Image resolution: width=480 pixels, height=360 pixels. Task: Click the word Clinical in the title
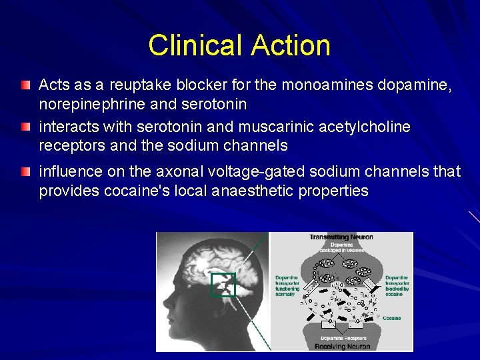coord(197,45)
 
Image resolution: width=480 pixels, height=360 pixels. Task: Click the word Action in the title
coord(291,45)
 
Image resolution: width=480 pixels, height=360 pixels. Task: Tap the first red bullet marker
coord(25,85)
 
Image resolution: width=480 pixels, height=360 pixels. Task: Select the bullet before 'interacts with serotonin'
coord(25,127)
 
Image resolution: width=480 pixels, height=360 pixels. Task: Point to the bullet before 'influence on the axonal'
coord(25,172)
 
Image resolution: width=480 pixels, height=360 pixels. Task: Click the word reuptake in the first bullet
coord(140,85)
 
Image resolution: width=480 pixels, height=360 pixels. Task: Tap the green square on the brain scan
coord(223,285)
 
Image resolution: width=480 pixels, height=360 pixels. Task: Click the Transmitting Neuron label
coord(341,237)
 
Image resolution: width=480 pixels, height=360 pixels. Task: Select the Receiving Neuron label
coord(341,346)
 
